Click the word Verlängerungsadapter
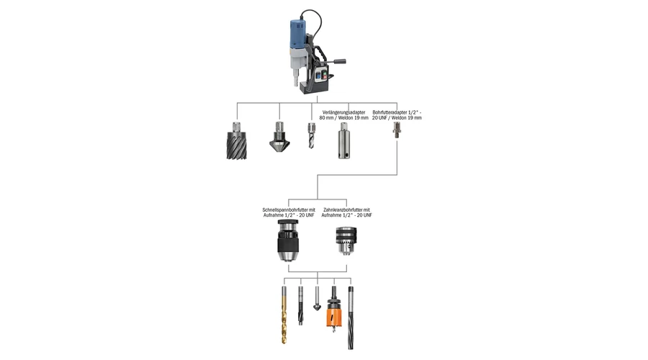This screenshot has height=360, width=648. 343,112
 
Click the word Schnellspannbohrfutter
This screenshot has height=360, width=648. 286,210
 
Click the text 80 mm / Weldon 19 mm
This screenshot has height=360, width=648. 343,117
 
